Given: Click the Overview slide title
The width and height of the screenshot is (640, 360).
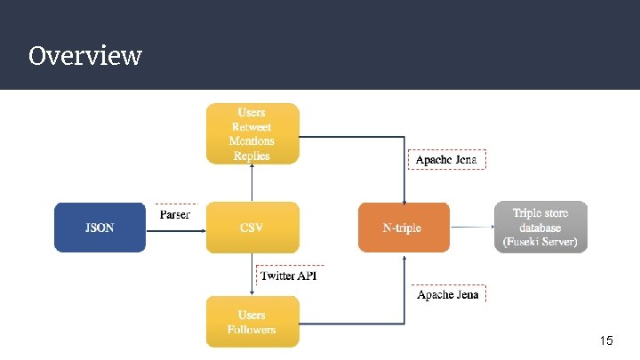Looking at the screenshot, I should point(84,56).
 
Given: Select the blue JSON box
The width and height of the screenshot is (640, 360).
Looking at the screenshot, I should point(100,228).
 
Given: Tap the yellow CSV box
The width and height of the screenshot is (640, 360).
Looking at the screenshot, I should point(252,228).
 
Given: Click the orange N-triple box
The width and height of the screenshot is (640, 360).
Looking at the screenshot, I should point(404,228).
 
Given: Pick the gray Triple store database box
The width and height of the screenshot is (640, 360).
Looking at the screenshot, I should point(540,228).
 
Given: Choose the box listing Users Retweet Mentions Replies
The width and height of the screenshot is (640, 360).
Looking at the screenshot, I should point(252,133).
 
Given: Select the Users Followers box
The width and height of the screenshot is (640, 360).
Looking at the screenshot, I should point(252,322).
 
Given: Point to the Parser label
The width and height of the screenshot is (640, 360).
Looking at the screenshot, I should point(174,215).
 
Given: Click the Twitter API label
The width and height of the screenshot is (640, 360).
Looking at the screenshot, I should point(288,276).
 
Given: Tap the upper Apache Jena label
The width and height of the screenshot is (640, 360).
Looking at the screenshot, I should point(447,160).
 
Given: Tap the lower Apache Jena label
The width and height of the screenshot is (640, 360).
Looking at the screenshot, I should point(448,294).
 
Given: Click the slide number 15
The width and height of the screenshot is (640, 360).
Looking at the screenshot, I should point(606,340).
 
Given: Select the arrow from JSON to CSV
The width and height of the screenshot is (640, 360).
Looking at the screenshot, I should point(175,228).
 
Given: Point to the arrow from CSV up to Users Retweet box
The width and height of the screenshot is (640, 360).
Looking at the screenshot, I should point(252,183).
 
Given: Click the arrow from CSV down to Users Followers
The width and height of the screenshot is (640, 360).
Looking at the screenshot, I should point(252,275).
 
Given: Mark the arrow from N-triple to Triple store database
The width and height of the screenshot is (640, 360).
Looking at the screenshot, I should point(472,228).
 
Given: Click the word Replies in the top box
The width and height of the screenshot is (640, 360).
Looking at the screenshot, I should point(252,156).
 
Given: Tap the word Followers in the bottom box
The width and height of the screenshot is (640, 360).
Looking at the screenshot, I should point(252,329).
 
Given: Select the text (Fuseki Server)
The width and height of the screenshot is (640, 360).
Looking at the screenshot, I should point(540,241).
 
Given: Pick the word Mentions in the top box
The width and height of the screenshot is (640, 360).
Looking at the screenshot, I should point(252,141).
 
